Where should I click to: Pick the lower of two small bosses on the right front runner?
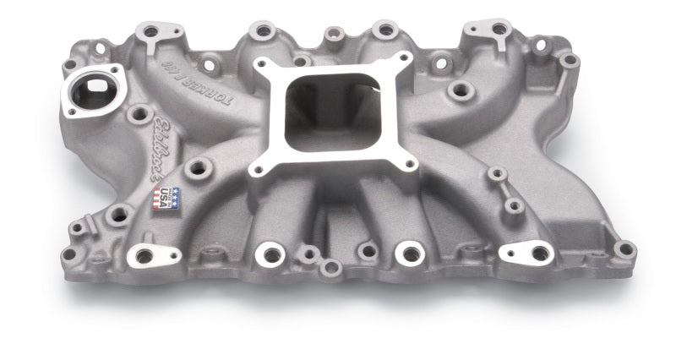[513, 205]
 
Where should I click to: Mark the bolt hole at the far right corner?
[624, 248]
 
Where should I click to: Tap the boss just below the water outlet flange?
[139, 113]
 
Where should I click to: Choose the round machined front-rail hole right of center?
[408, 251]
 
